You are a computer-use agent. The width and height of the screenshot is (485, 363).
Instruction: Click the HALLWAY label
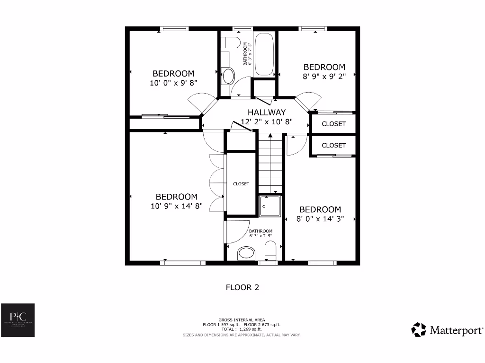click(x=267, y=112)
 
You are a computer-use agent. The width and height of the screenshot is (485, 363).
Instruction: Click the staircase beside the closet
click(x=270, y=163)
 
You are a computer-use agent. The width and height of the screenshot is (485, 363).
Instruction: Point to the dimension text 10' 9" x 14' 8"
click(x=177, y=206)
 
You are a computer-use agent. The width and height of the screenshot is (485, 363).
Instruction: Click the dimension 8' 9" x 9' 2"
click(x=324, y=76)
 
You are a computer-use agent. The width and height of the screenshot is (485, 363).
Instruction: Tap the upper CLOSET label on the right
click(x=333, y=124)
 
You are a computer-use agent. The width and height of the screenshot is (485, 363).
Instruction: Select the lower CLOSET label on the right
click(x=333, y=146)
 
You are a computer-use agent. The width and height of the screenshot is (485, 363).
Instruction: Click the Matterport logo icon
click(x=419, y=329)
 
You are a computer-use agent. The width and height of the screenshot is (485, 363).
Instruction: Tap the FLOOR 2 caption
click(x=242, y=287)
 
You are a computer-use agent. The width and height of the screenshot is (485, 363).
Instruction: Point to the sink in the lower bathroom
click(x=246, y=253)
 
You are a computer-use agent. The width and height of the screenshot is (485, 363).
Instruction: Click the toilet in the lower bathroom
click(x=270, y=251)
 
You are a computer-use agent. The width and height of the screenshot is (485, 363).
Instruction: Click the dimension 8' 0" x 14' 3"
click(x=320, y=219)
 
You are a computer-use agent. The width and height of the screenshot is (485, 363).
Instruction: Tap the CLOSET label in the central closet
click(x=241, y=184)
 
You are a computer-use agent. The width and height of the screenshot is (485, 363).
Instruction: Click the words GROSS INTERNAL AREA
click(x=242, y=320)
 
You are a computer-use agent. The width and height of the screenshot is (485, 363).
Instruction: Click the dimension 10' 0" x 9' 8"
click(x=173, y=82)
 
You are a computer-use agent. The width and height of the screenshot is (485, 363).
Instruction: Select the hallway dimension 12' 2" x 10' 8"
click(x=267, y=121)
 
